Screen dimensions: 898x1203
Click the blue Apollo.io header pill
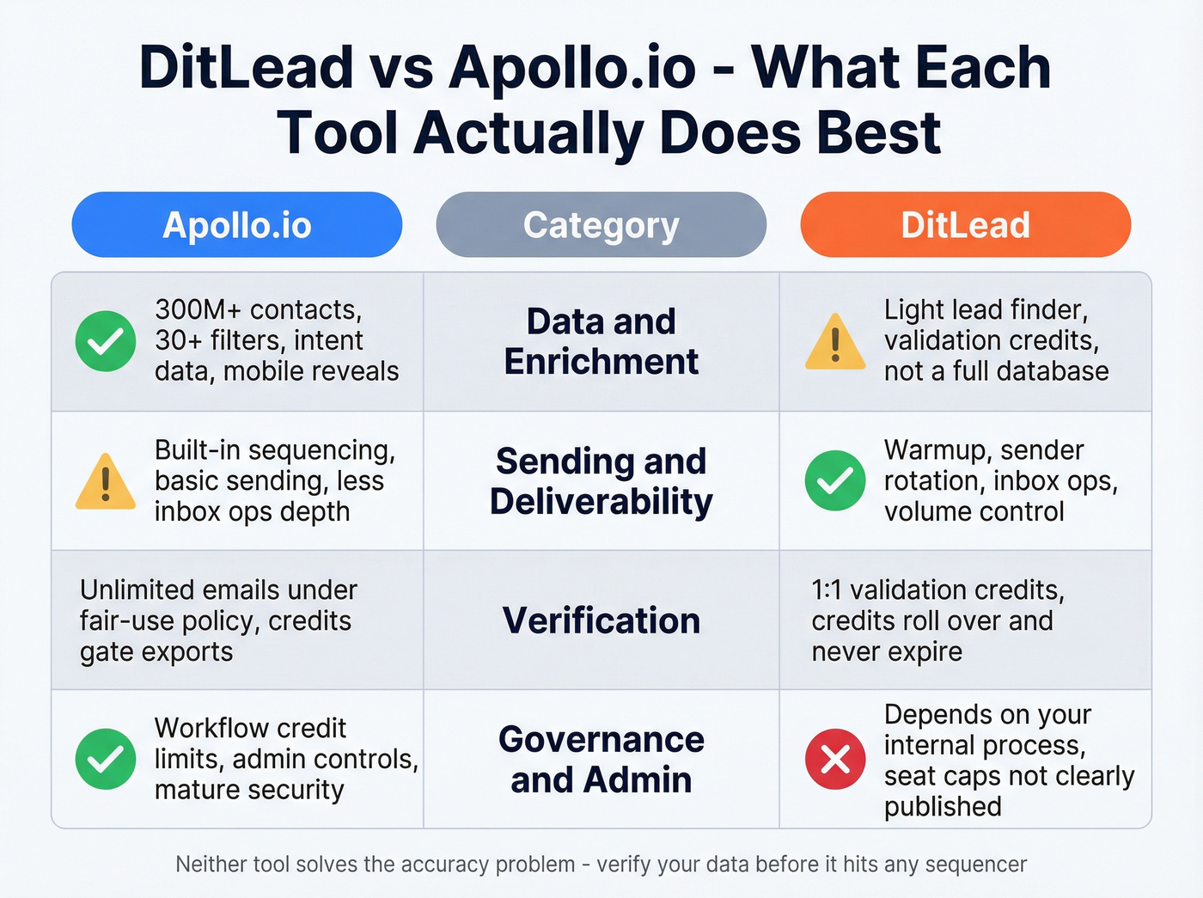click(x=236, y=225)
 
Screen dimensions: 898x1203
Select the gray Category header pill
click(x=601, y=225)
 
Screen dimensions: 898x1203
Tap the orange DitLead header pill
click(x=965, y=225)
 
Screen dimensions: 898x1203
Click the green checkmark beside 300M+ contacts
click(x=106, y=341)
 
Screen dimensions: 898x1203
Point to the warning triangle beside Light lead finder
click(x=835, y=343)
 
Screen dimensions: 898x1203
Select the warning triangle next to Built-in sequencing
click(x=106, y=482)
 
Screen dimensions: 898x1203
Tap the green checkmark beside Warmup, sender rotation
click(x=835, y=480)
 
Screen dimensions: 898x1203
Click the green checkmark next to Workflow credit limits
click(x=106, y=759)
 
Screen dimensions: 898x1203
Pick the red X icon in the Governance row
click(x=835, y=759)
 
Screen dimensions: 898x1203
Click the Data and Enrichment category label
click(x=601, y=341)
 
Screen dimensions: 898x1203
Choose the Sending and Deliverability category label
click(x=601, y=481)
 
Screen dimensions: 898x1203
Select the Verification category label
click(x=601, y=620)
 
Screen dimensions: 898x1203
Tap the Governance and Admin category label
click(x=601, y=760)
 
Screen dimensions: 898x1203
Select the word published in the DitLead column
click(x=943, y=807)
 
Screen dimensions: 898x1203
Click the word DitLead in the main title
click(x=247, y=68)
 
